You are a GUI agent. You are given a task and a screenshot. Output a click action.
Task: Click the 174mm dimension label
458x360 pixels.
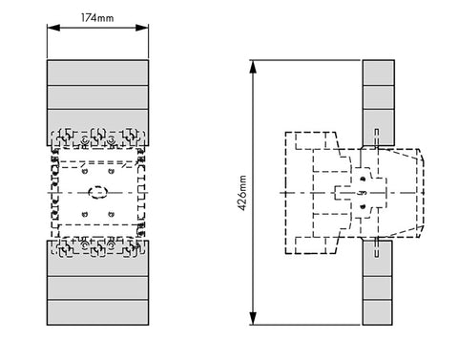[x=97, y=18]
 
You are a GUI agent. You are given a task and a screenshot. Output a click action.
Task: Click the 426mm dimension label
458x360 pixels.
[x=242, y=193]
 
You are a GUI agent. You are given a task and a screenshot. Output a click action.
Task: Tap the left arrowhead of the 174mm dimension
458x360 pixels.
[x=53, y=28]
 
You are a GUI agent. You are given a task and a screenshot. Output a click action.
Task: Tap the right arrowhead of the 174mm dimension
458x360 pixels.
[x=142, y=28]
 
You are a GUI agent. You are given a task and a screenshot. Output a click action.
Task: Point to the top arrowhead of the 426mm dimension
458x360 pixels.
[x=253, y=67]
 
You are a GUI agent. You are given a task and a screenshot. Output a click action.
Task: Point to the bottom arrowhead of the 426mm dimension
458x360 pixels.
[x=253, y=318]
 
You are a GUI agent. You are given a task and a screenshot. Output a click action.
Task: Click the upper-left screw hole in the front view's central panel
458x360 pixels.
[x=85, y=172]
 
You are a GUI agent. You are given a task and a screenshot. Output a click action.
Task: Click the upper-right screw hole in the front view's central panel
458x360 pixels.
[x=111, y=172]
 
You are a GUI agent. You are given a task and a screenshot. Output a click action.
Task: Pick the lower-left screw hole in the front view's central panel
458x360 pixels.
[x=85, y=214]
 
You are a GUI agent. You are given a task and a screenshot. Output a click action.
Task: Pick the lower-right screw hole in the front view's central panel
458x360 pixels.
[x=111, y=214]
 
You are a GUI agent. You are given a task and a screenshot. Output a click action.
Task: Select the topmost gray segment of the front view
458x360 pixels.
[x=97, y=73]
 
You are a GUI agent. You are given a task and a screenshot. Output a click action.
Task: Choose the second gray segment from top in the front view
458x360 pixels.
[x=97, y=97]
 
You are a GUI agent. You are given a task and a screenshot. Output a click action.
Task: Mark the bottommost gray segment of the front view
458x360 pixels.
[x=97, y=312]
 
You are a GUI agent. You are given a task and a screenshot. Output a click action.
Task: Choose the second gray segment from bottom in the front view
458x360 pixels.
[x=97, y=287]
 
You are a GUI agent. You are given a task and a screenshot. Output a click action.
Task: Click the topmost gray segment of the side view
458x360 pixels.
[x=379, y=73]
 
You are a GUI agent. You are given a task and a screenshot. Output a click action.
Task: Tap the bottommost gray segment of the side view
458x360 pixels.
[x=377, y=312]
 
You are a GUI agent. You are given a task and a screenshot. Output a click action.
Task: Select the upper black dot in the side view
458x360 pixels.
[x=363, y=180]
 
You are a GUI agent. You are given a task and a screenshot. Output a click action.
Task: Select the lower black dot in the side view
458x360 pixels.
[x=363, y=206]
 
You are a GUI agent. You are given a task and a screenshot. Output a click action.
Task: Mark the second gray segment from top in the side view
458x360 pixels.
[x=379, y=97]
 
